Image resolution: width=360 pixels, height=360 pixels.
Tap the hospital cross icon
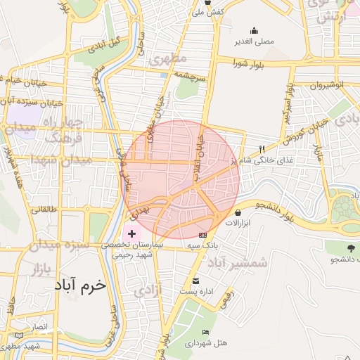tap(132, 233)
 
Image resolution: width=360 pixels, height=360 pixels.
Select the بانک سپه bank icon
tap(203, 235)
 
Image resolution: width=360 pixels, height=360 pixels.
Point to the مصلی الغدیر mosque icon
tap(254, 31)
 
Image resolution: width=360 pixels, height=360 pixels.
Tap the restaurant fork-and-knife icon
tap(262, 149)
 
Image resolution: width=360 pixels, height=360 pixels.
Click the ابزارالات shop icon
tap(238, 212)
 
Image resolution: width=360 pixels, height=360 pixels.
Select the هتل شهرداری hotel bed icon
tap(205, 332)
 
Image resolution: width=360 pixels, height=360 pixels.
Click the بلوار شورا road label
tap(251, 64)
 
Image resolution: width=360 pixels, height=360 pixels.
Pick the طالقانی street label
tap(42, 209)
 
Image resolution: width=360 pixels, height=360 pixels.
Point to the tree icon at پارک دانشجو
tap(350, 247)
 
